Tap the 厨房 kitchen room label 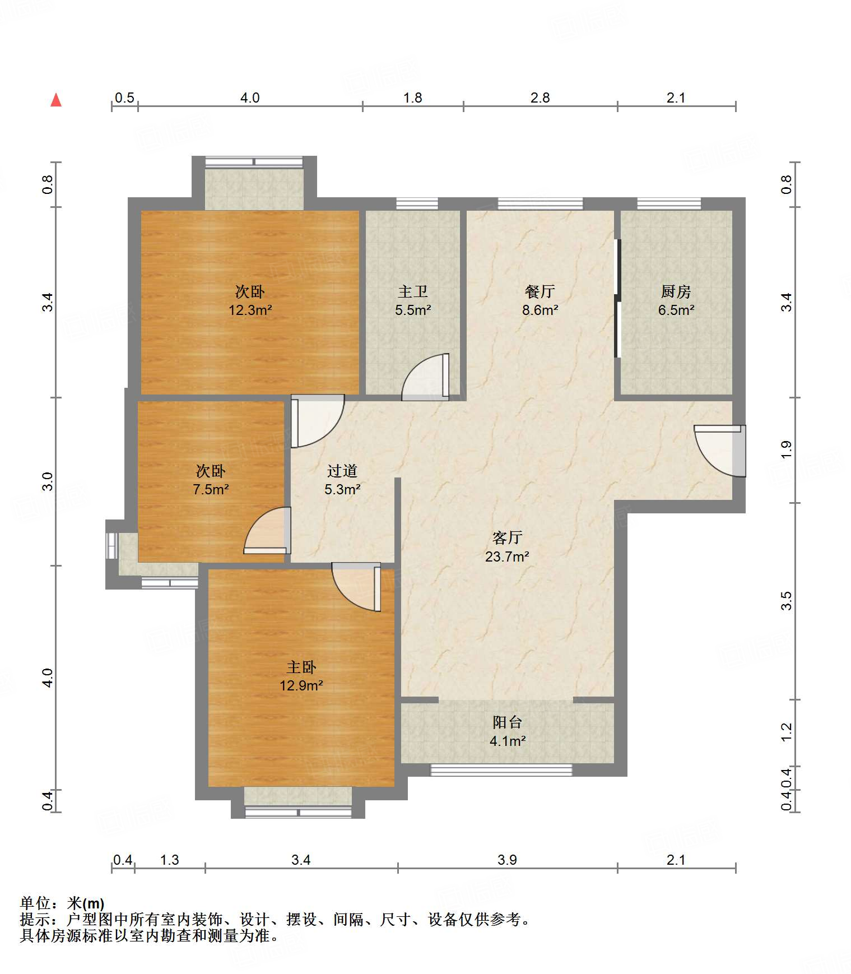coord(676,291)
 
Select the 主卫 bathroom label coord(413,291)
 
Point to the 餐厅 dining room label coord(540,291)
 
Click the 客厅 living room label coord(508,538)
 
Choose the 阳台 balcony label coord(508,722)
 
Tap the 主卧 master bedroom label coord(301,667)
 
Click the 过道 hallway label coord(342,471)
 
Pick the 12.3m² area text coord(250,310)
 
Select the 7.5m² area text coord(211,489)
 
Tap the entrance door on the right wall coord(720,451)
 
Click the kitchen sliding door coord(617,298)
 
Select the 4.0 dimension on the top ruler coord(250,98)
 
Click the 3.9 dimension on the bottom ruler coord(507,860)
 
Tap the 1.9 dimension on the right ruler coord(786,450)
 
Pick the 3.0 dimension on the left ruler coord(48,481)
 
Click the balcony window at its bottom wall coord(501,770)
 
